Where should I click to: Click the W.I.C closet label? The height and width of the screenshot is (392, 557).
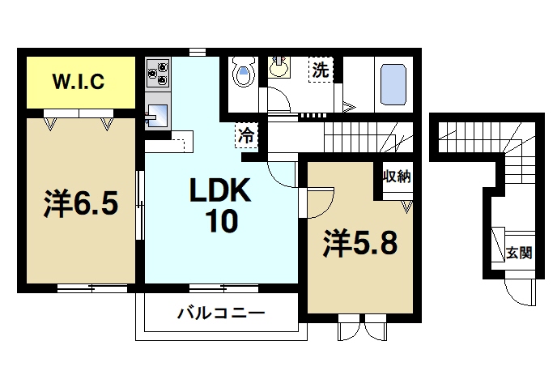pos(78,82)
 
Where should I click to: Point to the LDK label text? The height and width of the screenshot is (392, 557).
pos(221,191)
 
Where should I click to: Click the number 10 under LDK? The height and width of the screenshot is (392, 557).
pos(220,220)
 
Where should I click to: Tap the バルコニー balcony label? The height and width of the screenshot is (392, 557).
pos(221,312)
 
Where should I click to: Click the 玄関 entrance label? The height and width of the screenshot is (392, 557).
pos(519,252)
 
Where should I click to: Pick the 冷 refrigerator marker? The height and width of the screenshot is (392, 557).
pos(245,135)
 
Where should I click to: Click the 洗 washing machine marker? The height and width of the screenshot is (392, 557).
pos(321,70)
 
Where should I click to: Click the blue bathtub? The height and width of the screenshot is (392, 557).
pos(393,85)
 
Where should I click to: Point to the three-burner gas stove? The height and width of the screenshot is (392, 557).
pos(156,74)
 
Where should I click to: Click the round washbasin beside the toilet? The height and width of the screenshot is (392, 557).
pos(280,67)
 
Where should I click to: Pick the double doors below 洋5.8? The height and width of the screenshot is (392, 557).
pos(362,329)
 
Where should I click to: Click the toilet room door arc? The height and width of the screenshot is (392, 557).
pos(277,100)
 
